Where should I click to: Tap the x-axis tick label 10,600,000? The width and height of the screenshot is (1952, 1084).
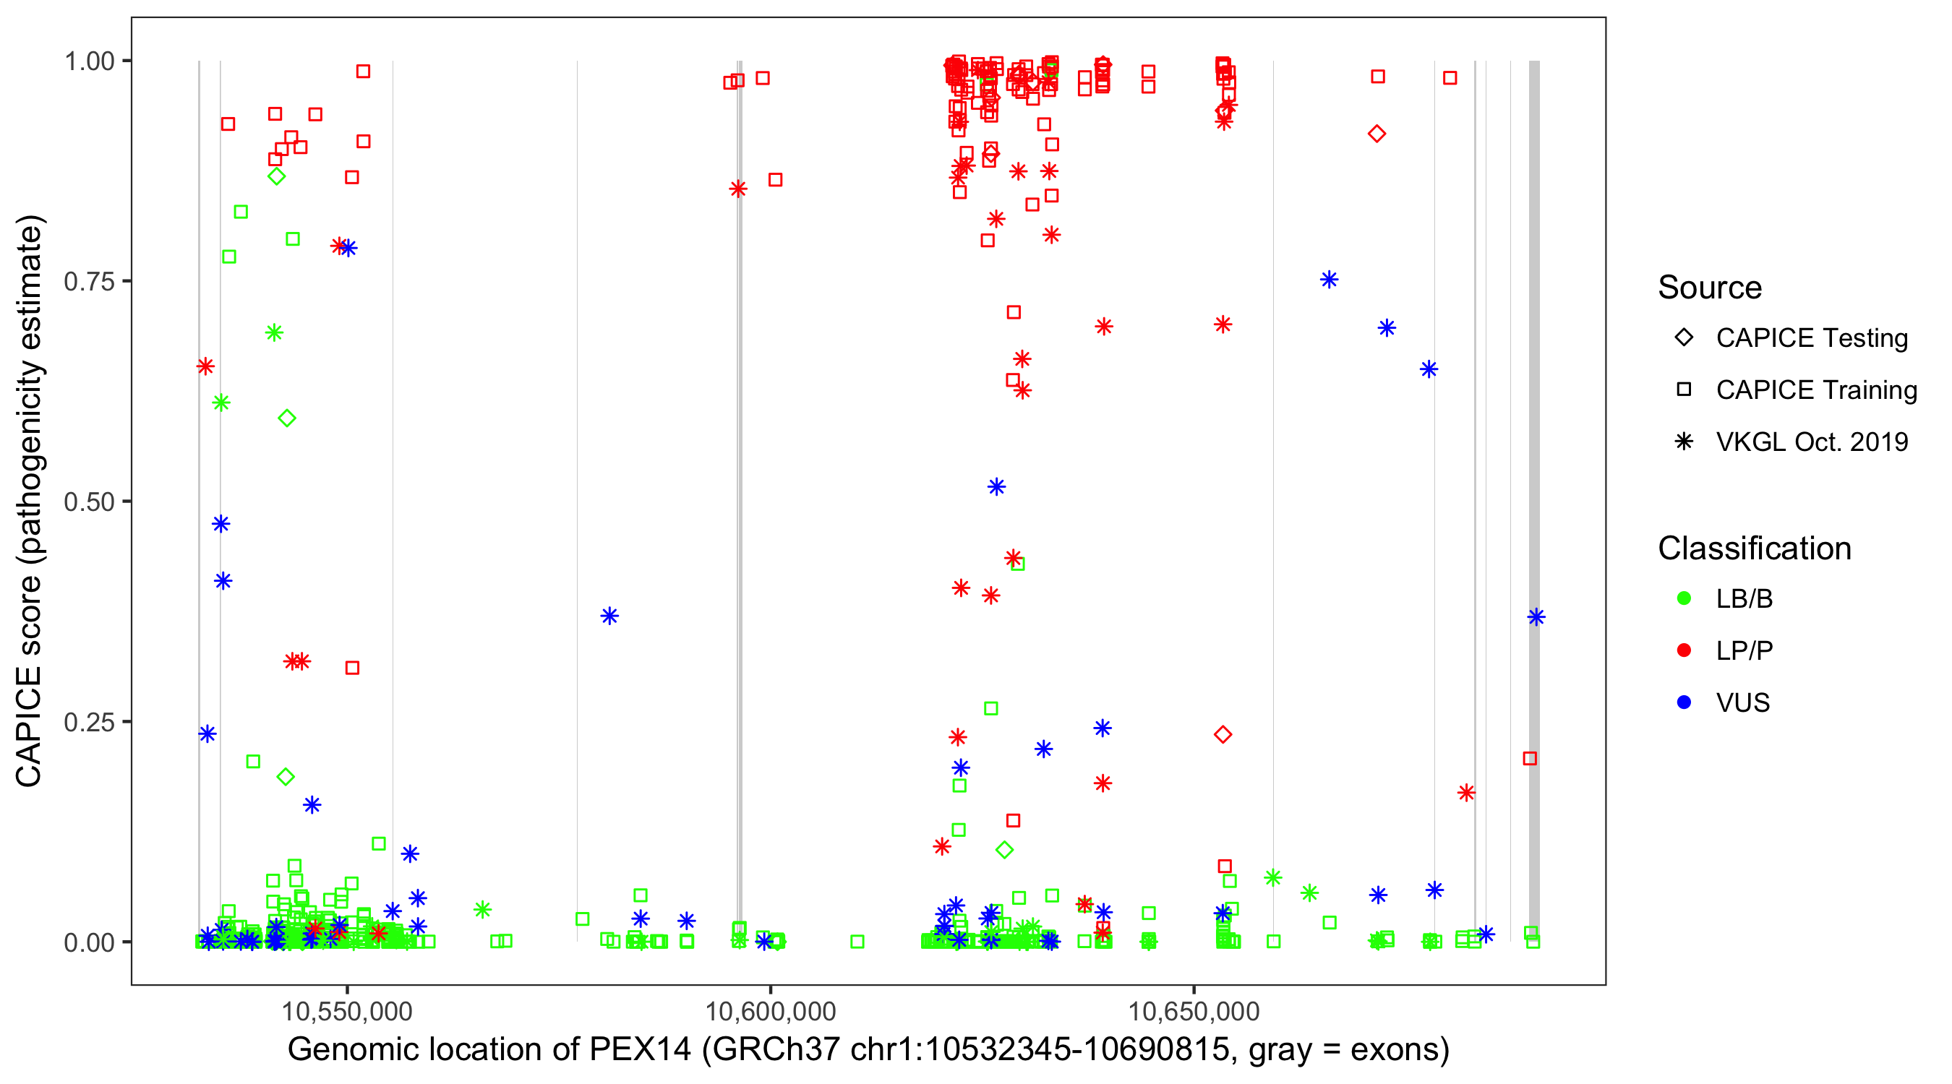770,1011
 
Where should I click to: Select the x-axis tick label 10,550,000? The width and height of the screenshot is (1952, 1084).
347,1011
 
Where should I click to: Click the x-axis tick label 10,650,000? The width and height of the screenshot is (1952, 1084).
1194,1011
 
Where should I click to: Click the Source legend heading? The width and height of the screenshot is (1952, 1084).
1710,288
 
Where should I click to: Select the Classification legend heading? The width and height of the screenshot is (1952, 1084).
1754,549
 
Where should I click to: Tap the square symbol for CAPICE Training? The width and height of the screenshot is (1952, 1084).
1684,390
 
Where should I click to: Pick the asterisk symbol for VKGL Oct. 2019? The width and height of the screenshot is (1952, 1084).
1684,442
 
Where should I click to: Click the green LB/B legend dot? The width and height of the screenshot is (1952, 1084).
1684,598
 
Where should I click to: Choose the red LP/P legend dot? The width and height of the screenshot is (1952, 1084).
1684,650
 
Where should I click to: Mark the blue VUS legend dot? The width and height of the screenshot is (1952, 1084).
1684,702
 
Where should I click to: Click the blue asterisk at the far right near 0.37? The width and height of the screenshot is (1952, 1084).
1536,617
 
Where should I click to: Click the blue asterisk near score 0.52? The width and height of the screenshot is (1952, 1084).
996,486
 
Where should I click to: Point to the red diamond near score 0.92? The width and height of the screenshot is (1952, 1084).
1377,134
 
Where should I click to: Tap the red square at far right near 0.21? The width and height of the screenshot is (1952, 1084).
1530,758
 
